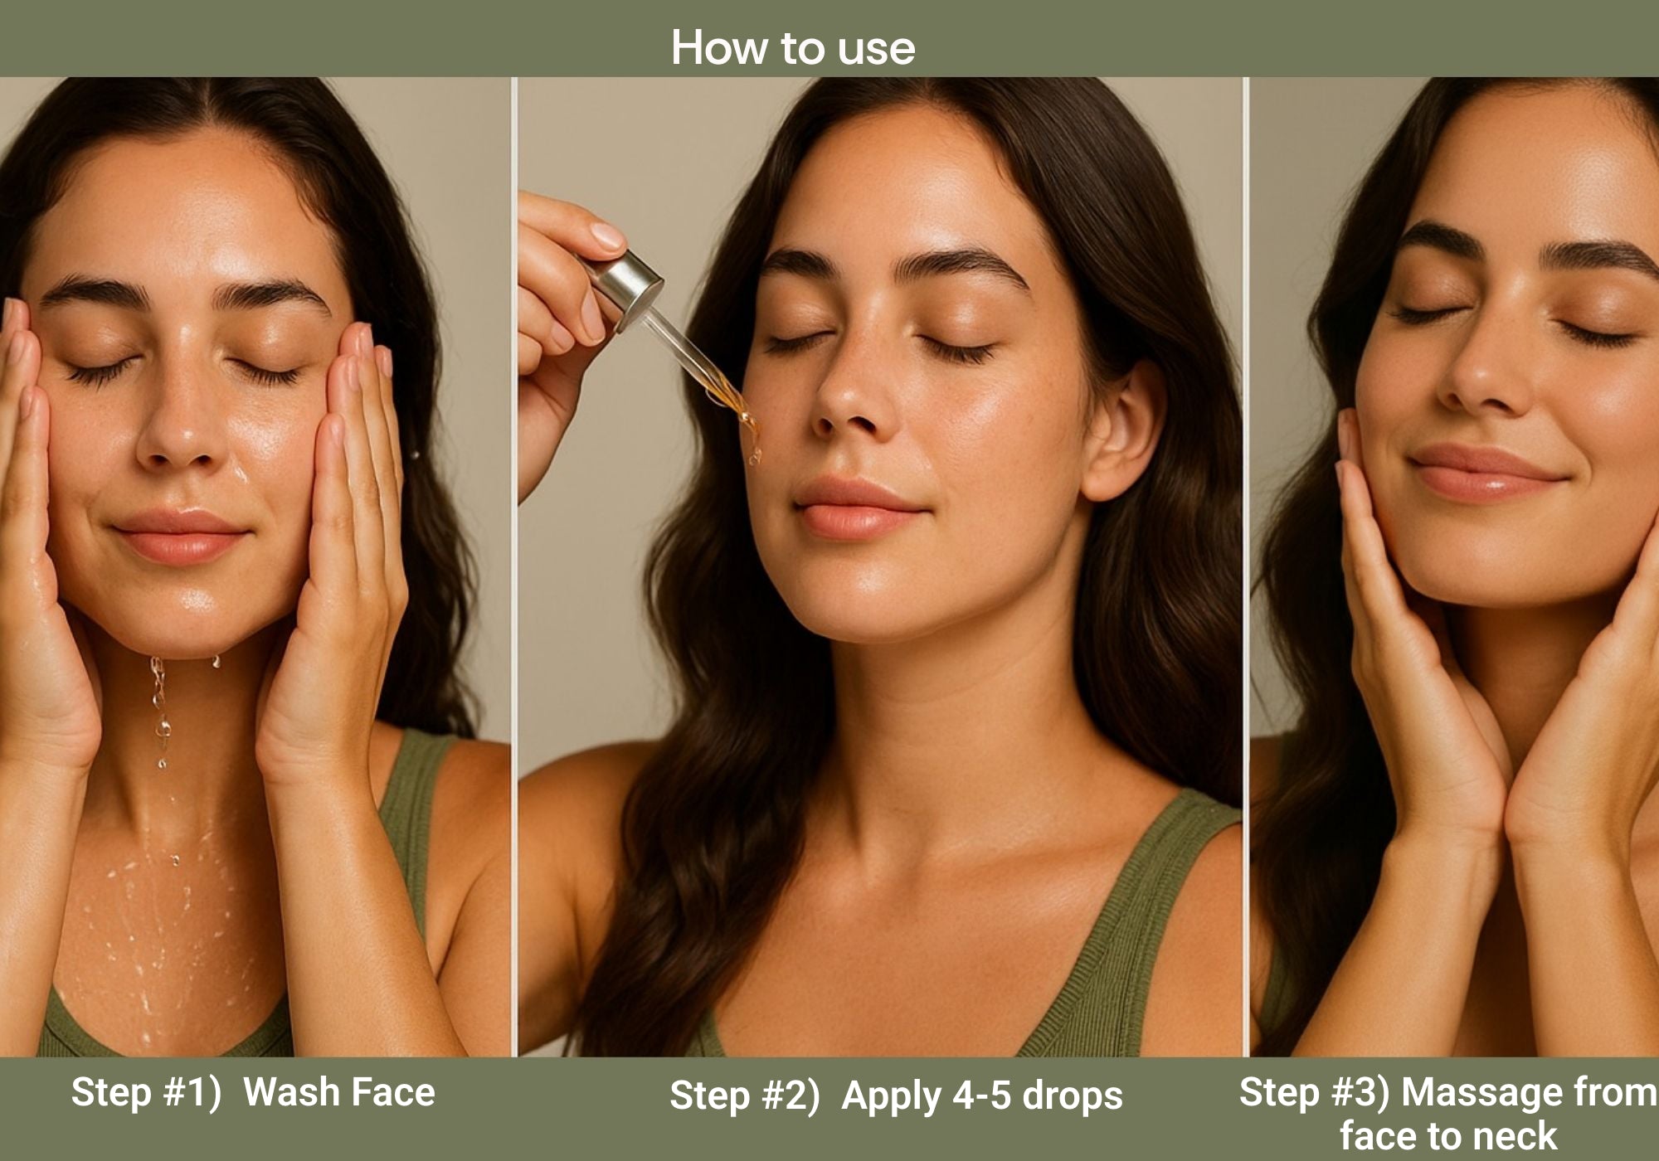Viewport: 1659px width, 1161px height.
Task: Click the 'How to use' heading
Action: point(793,47)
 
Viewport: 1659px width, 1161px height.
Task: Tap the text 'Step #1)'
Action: point(146,1092)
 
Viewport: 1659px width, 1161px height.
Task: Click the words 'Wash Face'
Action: point(339,1092)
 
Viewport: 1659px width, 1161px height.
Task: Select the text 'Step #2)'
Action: point(744,1095)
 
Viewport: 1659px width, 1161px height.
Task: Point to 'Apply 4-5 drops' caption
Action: point(982,1095)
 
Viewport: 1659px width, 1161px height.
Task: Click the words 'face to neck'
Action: point(1448,1135)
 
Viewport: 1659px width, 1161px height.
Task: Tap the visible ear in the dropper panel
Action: point(1124,431)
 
